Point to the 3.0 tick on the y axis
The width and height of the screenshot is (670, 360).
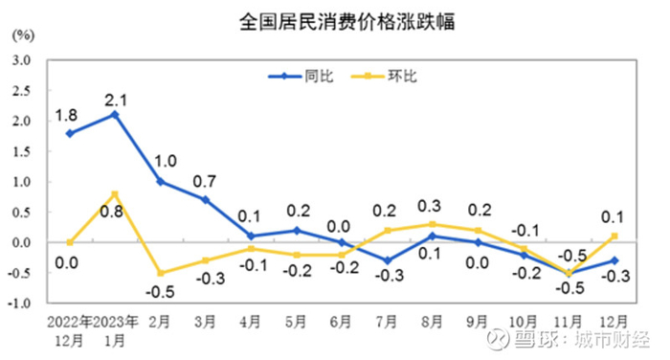coord(22,59)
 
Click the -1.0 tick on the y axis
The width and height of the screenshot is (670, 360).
coord(20,304)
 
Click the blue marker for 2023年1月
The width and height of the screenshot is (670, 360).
coord(115,114)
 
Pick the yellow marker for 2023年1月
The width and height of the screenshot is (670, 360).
coord(115,193)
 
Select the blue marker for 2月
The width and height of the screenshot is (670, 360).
coord(160,181)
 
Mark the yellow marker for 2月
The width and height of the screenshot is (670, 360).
coord(160,273)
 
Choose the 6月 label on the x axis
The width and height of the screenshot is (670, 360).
coord(340,320)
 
